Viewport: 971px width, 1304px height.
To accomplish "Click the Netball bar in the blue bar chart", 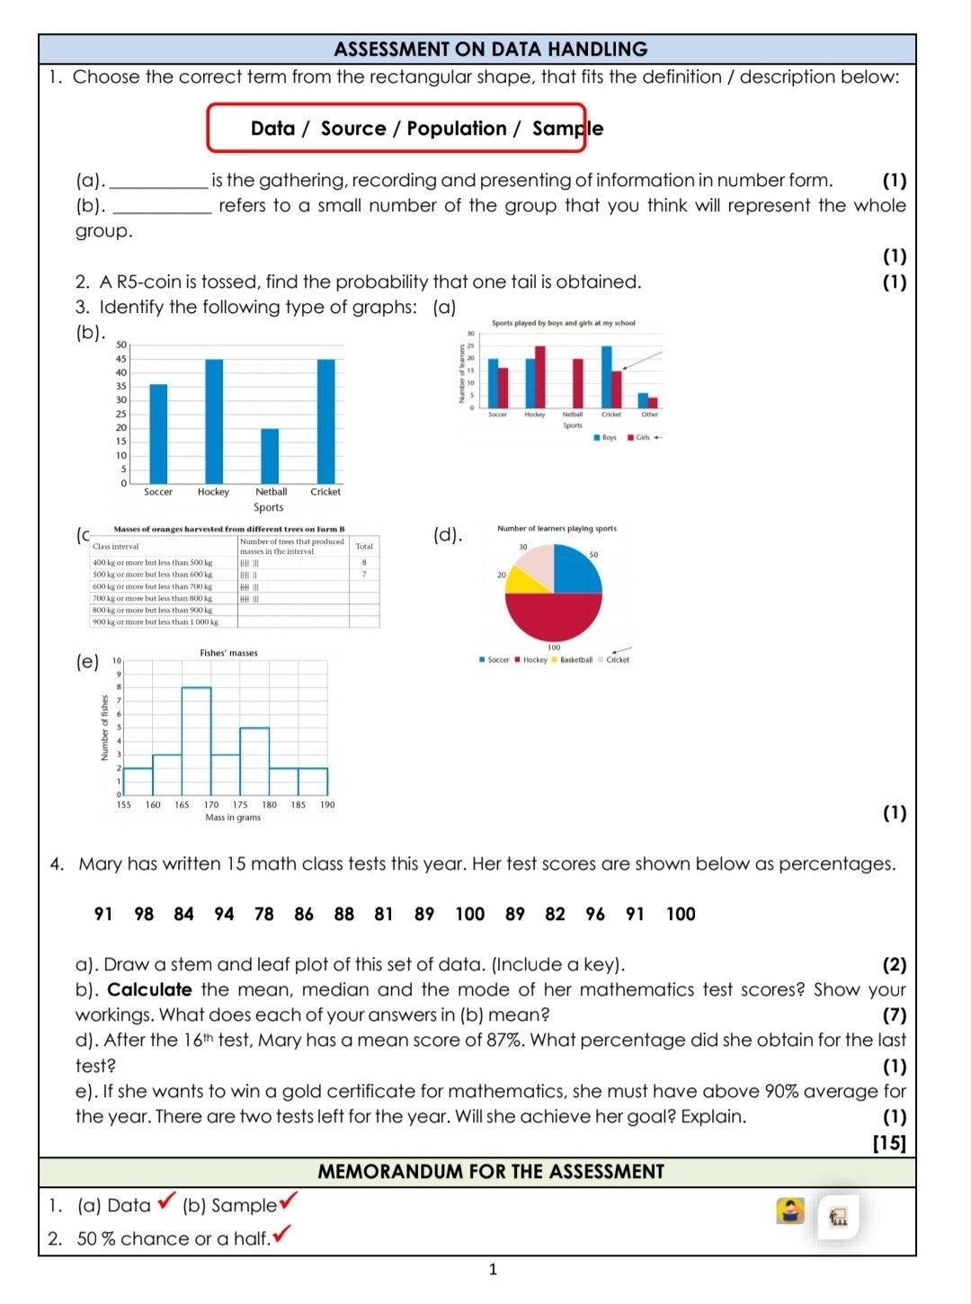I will pos(270,456).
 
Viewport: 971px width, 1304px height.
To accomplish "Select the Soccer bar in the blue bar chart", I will pos(158,433).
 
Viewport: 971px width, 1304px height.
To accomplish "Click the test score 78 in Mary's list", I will pos(263,914).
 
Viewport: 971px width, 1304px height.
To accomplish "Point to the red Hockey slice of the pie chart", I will pos(553,615).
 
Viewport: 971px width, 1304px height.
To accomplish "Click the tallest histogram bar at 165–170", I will pos(196,741).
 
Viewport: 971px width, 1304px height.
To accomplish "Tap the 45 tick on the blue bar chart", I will pos(121,359).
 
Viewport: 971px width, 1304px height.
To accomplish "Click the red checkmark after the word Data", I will pos(166,1201).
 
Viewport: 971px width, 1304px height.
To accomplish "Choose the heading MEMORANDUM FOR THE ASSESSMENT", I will pos(490,1172).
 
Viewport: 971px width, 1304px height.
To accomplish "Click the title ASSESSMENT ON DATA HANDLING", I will pos(490,49).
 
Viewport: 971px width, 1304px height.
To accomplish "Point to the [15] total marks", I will pos(888,1142).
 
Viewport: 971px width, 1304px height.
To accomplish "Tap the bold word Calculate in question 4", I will pos(149,990).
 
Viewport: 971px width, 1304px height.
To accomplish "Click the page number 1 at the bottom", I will pos(492,1270).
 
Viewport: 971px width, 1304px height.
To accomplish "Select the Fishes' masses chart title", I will pos(228,653).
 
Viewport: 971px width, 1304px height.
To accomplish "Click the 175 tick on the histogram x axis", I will pos(240,805).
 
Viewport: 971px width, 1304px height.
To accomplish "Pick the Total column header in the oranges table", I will pos(364,546).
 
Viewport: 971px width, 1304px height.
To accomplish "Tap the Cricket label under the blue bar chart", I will pos(325,492).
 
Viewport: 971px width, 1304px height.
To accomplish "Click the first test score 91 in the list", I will pos(103,914).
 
